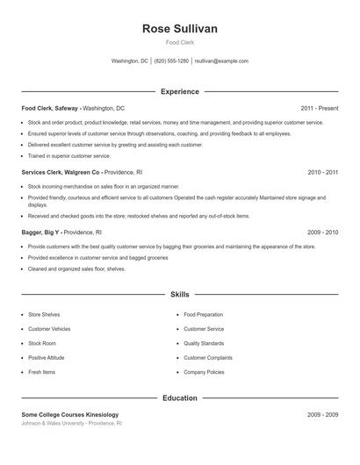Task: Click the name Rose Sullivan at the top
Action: click(x=179, y=29)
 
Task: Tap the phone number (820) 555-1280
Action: click(x=172, y=61)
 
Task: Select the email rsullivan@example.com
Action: click(x=221, y=61)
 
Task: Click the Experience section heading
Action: click(x=179, y=91)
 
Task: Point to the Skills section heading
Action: click(x=179, y=295)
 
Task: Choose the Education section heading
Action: click(x=179, y=397)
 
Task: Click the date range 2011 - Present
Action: click(x=319, y=108)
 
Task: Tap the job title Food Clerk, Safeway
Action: click(x=50, y=108)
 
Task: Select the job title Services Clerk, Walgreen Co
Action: click(x=61, y=172)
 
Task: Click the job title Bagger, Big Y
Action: click(x=40, y=232)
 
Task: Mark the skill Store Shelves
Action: click(x=44, y=314)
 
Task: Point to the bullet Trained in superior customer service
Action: click(x=72, y=154)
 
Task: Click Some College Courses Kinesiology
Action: click(x=69, y=414)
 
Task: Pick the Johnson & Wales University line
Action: click(x=71, y=423)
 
